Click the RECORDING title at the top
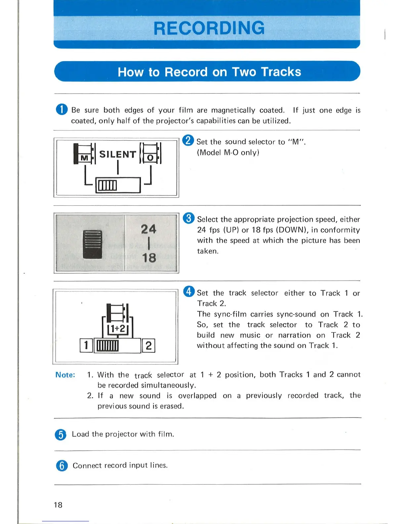coord(209,28)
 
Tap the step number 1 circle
coord(62,109)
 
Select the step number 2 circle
coord(188,141)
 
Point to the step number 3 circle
coord(189,218)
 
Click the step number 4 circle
coord(189,292)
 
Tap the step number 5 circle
coord(61,434)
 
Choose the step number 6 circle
coord(62,465)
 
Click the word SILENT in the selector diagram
coord(117,154)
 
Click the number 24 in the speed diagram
coord(148,229)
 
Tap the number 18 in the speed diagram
coord(149,258)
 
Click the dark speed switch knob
coord(92,244)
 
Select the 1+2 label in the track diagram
coord(118,328)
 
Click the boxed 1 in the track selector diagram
coord(86,345)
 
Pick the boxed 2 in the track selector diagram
coord(149,346)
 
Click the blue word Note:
coord(65,375)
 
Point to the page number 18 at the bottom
coord(58,505)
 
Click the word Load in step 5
coord(80,434)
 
